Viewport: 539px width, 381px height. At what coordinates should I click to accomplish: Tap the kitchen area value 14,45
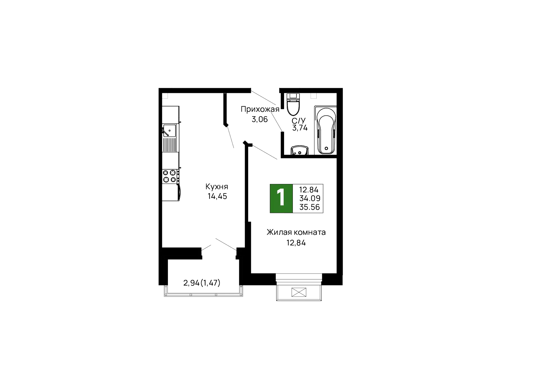(x=217, y=196)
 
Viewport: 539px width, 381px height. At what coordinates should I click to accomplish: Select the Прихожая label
(x=260, y=109)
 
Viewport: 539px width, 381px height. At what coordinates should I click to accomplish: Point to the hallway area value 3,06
(x=260, y=119)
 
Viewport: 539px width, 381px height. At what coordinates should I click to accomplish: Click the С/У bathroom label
(x=298, y=121)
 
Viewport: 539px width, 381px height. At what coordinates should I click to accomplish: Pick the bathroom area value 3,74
(x=300, y=128)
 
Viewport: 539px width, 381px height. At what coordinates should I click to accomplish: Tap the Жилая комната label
(x=296, y=232)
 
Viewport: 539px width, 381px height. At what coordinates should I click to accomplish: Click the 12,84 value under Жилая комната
(x=296, y=243)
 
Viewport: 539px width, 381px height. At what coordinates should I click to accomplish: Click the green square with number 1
(x=281, y=199)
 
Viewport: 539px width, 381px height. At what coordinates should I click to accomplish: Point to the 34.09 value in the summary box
(x=310, y=199)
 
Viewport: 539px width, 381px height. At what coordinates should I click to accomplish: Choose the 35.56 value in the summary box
(x=310, y=207)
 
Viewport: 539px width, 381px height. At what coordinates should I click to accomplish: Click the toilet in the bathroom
(x=293, y=104)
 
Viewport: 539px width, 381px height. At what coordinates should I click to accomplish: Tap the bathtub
(x=325, y=130)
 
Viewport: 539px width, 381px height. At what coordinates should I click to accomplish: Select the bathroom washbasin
(x=300, y=150)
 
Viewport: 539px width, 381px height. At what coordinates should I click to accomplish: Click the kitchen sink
(x=170, y=131)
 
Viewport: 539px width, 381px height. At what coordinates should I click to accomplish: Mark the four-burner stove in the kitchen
(x=170, y=176)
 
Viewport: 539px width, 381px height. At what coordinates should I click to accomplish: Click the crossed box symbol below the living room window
(x=299, y=292)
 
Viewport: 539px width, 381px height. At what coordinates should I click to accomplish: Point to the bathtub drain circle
(x=326, y=148)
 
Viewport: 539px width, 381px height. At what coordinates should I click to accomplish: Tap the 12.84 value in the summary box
(x=309, y=190)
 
